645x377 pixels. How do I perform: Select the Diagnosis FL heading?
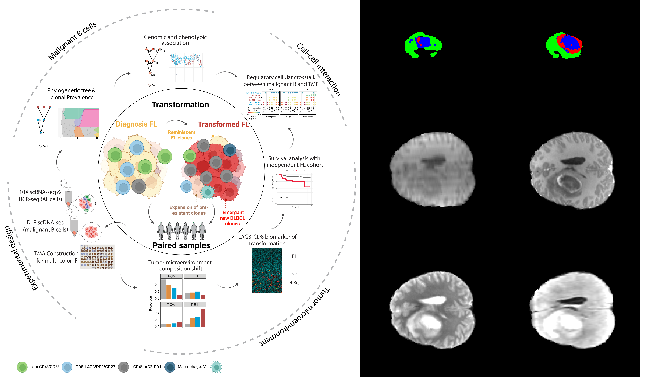pyautogui.click(x=136, y=124)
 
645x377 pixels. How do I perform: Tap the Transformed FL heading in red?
pyautogui.click(x=223, y=124)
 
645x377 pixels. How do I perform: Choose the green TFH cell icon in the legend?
pyautogui.click(x=23, y=367)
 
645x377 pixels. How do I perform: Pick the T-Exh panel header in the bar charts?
pyautogui.click(x=195, y=304)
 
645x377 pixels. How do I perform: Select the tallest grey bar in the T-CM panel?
pyautogui.click(x=163, y=289)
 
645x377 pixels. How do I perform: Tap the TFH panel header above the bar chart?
pyautogui.click(x=195, y=276)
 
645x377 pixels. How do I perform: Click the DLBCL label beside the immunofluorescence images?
pyautogui.click(x=294, y=283)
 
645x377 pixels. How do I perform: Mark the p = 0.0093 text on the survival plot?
pyautogui.click(x=284, y=198)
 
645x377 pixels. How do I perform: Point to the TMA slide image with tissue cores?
pyautogui.click(x=97, y=257)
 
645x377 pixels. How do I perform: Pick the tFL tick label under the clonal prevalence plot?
pyautogui.click(x=98, y=138)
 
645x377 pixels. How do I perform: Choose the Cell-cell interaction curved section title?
pyautogui.click(x=319, y=70)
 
